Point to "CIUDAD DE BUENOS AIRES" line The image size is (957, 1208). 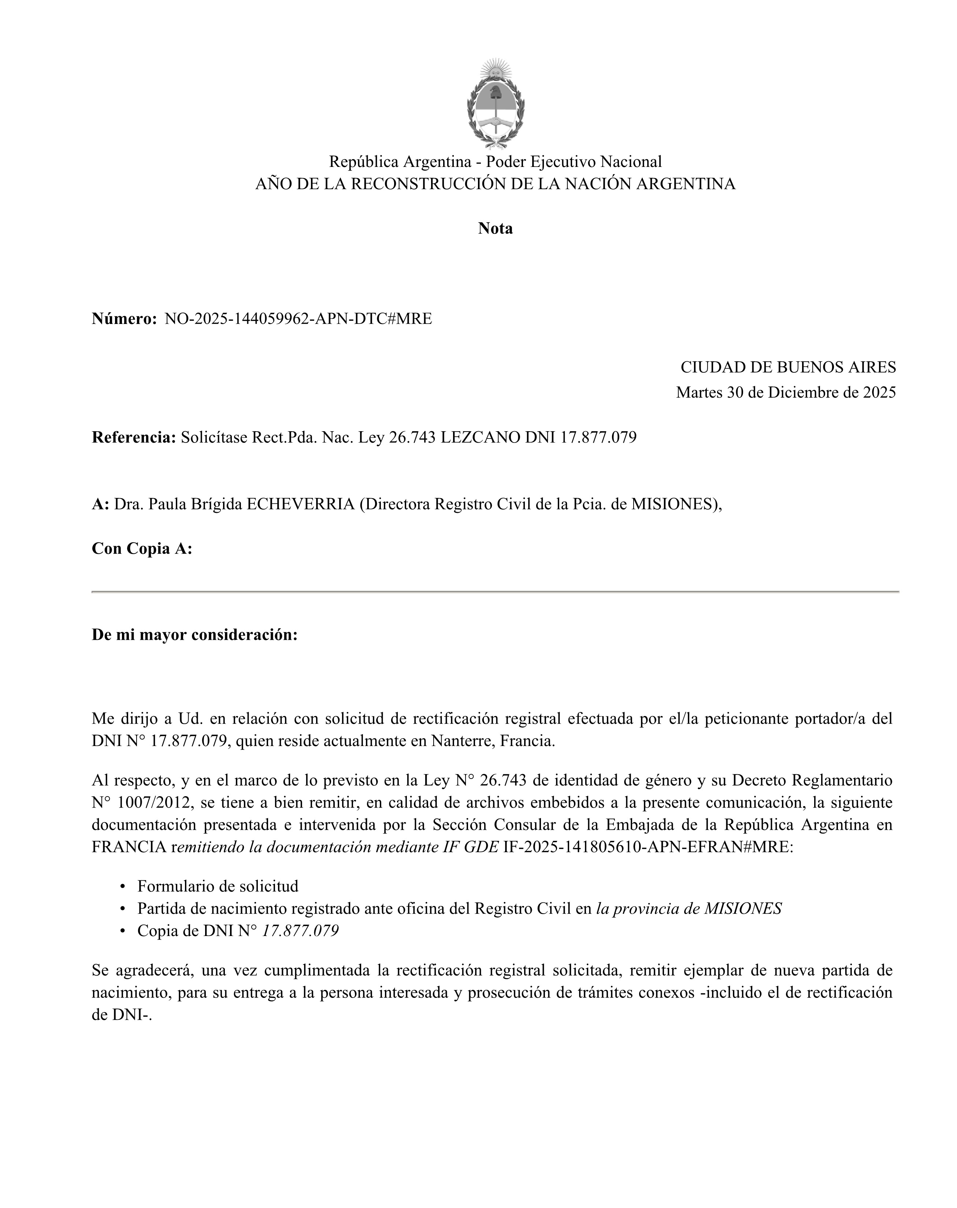788,368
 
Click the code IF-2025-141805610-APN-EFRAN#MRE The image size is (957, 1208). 648,847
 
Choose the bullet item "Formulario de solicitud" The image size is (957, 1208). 218,886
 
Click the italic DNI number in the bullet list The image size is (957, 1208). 300,931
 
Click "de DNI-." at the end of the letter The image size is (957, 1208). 122,1015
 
